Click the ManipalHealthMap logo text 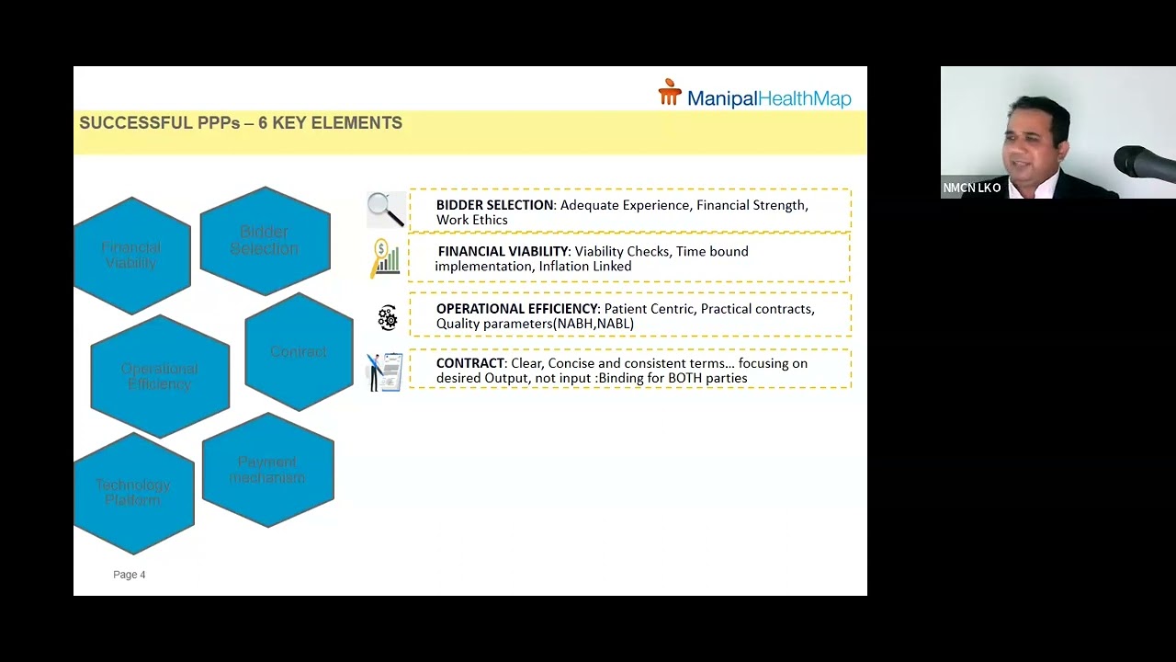[769, 98]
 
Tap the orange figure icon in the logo [670, 92]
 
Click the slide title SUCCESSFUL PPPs [241, 123]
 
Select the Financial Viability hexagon [131, 256]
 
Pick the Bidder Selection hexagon [265, 241]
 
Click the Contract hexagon [299, 352]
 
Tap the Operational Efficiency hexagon [159, 376]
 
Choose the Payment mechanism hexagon [267, 470]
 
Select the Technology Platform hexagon [133, 493]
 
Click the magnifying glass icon [385, 210]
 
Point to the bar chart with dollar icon [386, 258]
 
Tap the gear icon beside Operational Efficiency [387, 318]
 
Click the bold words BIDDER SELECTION [494, 205]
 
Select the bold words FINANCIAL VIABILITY [503, 251]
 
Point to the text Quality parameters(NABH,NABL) [535, 324]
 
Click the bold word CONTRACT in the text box [470, 363]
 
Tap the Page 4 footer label [129, 575]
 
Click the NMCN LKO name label [971, 188]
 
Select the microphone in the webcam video [1142, 164]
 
